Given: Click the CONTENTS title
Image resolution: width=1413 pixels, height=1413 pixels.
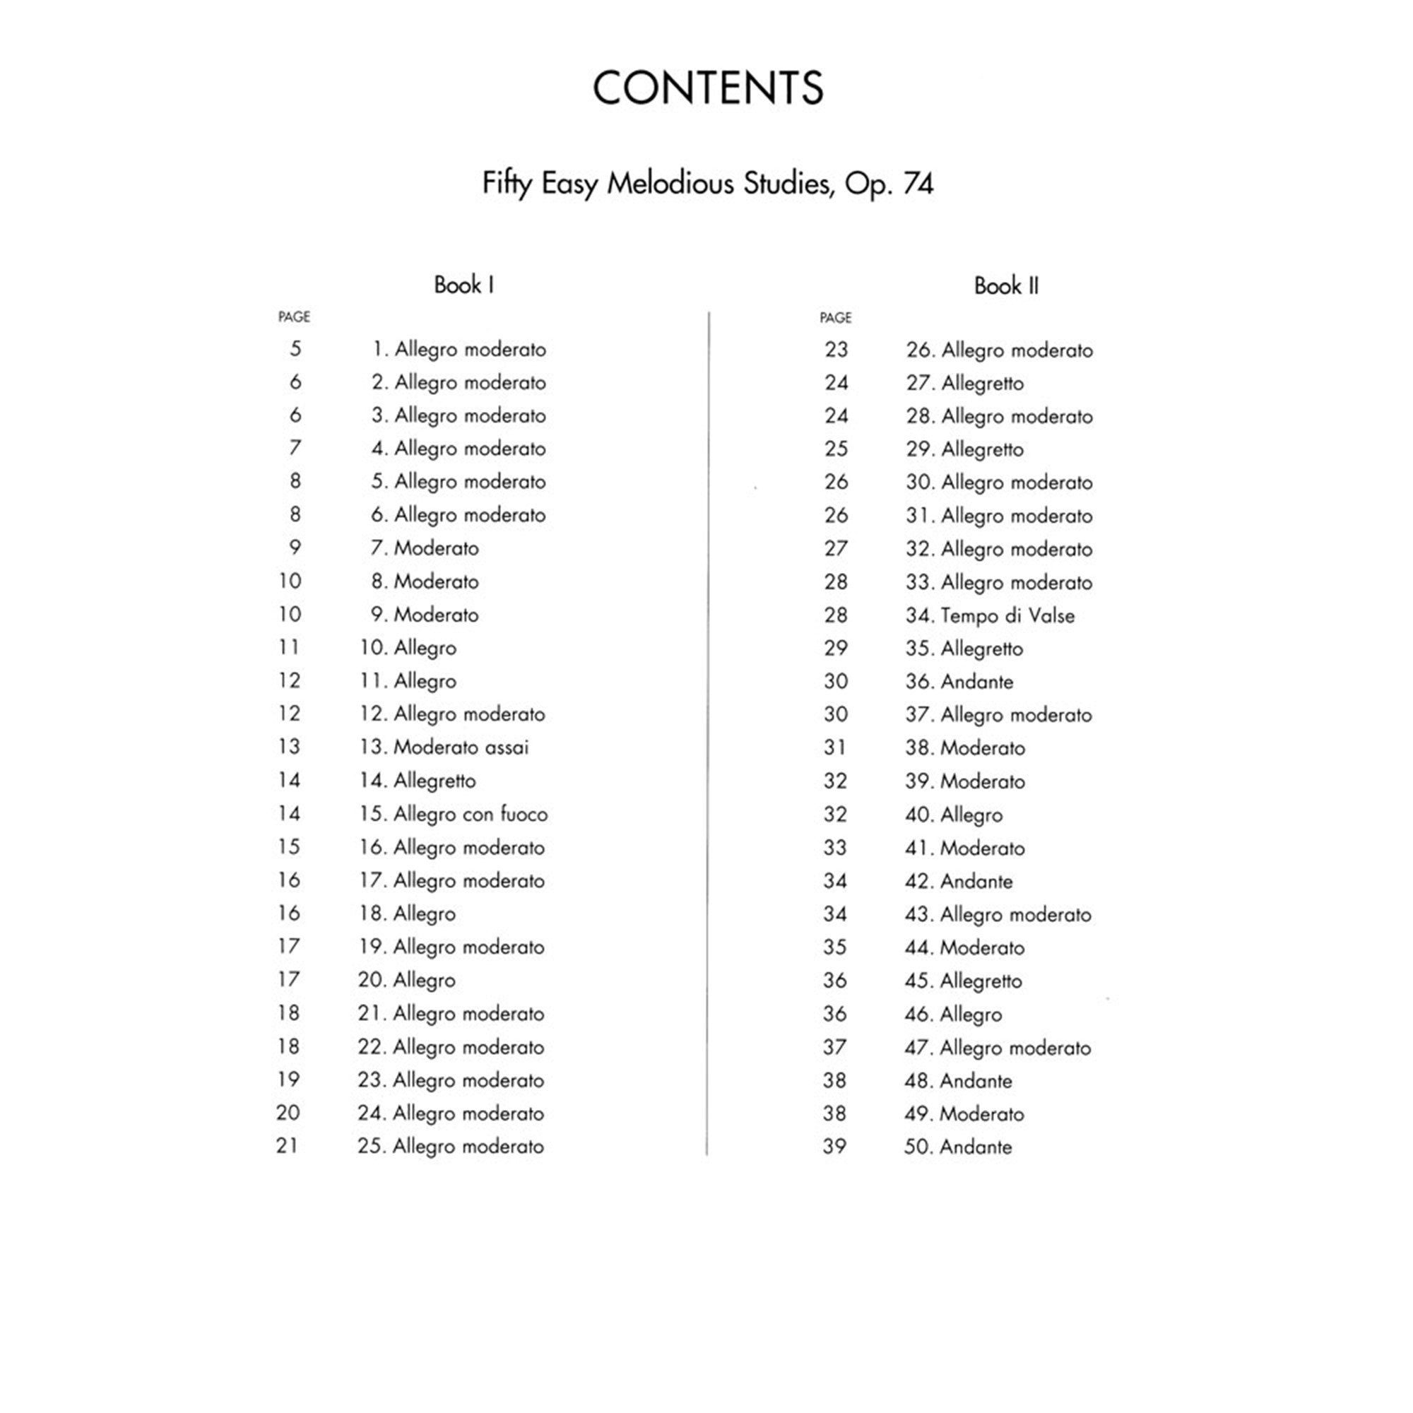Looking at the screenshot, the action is pos(707,88).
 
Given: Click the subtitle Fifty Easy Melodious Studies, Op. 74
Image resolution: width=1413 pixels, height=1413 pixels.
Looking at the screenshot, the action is pos(707,183).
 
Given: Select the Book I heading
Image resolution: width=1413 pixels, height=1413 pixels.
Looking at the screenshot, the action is pos(463,285).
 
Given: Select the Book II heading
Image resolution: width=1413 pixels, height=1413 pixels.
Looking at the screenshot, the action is pos(1005,285).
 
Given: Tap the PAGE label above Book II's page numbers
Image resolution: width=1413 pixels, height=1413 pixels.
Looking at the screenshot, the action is pos(835,317).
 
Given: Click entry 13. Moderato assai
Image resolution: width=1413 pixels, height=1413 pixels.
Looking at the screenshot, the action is pos(443,747).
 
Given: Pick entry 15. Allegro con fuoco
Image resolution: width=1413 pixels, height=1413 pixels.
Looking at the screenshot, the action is pos(453,813).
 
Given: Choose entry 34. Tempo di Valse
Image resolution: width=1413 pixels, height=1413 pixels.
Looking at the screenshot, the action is pos(990,615).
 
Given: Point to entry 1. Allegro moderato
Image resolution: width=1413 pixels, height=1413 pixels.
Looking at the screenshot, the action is pos(459,349).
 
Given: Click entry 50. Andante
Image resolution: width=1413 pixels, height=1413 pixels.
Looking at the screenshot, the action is pos(957,1146).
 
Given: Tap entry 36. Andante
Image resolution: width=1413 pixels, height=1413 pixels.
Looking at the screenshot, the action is pos(959,681).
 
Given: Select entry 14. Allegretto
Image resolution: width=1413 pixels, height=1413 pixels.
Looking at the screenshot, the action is pos(417,781).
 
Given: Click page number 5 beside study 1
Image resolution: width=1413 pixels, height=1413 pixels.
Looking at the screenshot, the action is pos(295,348).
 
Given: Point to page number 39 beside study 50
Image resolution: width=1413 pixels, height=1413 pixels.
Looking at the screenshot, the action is pos(834,1146).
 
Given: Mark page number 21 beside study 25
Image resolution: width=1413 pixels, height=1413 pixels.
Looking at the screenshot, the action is pos(288,1145).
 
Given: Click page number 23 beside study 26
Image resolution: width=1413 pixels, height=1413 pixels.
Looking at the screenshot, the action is pos(836,350).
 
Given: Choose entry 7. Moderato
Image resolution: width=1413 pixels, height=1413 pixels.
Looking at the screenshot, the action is pos(424,548).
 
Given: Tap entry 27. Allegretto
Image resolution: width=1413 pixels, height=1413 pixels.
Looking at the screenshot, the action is pos(964,382).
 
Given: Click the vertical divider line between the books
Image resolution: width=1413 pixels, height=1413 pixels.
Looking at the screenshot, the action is pos(707,731).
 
